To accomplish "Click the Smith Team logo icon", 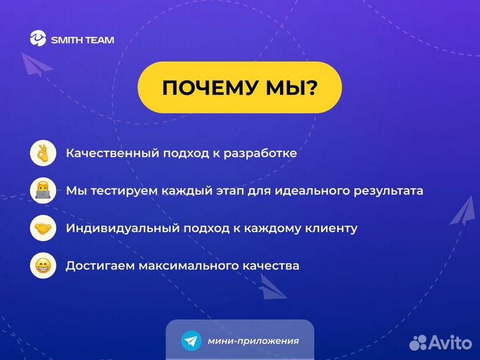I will click(x=38, y=39).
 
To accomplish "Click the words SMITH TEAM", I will click(x=83, y=40).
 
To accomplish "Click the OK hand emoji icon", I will click(x=43, y=153).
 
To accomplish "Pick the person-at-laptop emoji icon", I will click(x=43, y=191).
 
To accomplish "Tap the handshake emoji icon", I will click(x=43, y=228).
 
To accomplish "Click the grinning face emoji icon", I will click(x=43, y=265).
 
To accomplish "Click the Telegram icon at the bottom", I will click(x=191, y=341).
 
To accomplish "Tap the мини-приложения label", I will click(x=253, y=341).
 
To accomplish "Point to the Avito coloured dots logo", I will click(x=418, y=343).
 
